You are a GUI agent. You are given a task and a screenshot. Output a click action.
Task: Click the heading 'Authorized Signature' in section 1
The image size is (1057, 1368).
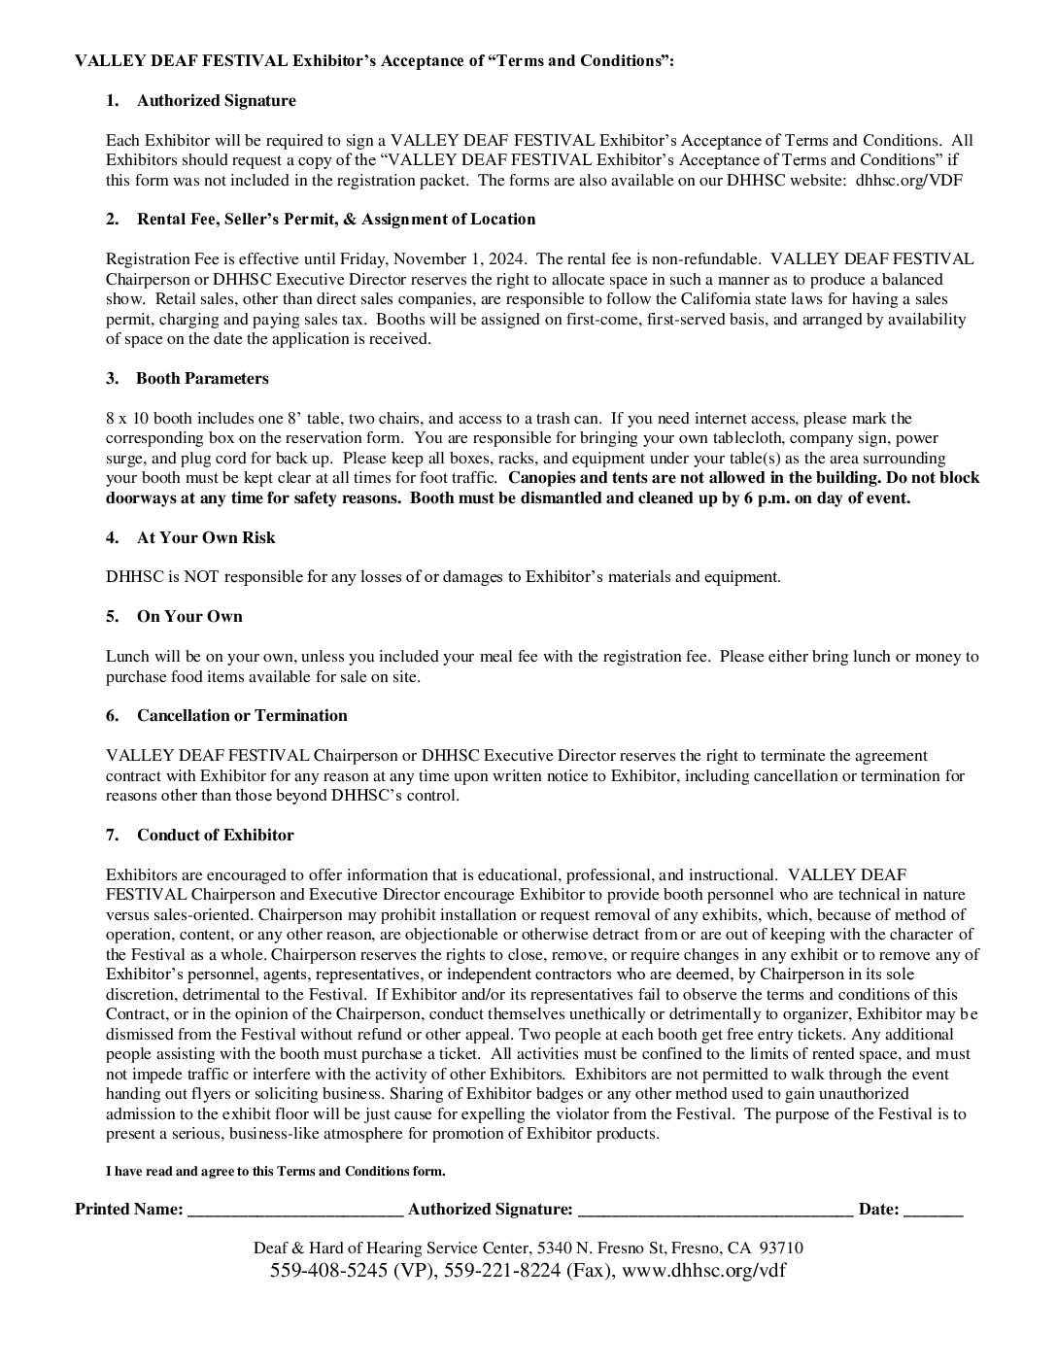point(216,101)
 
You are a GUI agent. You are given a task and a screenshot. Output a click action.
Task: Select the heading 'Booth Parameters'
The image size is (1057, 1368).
point(202,379)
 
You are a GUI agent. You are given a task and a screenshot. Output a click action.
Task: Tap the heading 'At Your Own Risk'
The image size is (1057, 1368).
point(206,538)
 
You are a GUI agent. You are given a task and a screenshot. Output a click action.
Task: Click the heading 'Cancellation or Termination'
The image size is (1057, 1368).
point(242,716)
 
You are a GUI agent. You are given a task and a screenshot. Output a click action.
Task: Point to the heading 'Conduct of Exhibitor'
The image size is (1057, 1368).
point(215,836)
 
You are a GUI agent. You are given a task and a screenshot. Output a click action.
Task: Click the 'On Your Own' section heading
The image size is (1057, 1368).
point(189,617)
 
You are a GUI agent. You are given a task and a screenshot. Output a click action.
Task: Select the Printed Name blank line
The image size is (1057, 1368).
point(295,1212)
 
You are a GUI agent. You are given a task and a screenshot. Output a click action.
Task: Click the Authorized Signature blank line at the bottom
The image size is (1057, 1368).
point(715,1212)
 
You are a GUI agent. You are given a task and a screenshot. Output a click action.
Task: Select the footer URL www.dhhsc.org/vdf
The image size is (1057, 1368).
point(703,1271)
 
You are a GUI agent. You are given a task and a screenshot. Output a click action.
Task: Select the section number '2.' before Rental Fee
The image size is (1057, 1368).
point(113,220)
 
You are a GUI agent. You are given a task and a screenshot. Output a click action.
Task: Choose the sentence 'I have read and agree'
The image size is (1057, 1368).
point(275,1172)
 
